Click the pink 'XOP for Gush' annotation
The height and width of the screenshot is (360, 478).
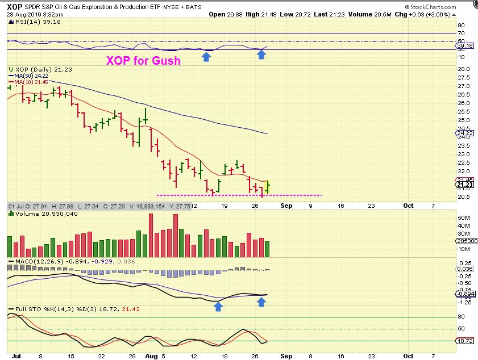(x=143, y=60)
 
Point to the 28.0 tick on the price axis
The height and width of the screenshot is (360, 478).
(x=464, y=69)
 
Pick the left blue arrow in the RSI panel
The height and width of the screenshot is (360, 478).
(x=206, y=56)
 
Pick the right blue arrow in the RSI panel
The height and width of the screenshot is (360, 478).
(x=261, y=55)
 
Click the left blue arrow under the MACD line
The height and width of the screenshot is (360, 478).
(x=218, y=306)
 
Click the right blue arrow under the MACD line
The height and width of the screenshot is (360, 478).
(x=261, y=302)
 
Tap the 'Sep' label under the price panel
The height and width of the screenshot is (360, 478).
(x=286, y=206)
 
